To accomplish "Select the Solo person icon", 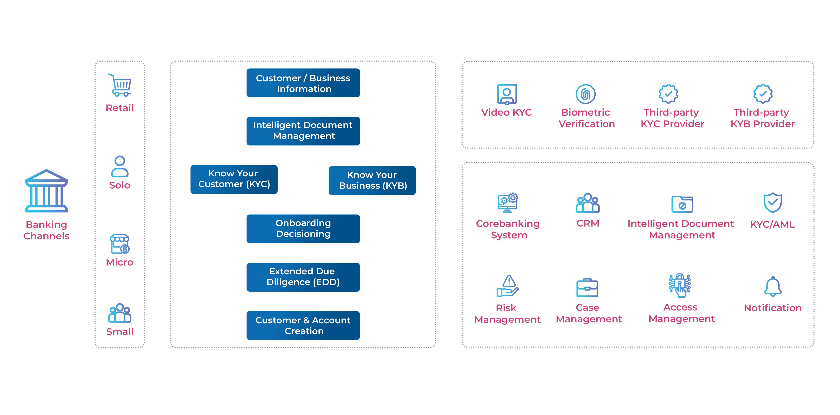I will pos(120,166).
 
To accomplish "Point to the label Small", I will pos(120,332).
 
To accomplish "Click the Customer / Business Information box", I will pos(303,83).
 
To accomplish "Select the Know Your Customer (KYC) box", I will pos(234,179).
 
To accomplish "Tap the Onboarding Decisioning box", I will pos(303,228).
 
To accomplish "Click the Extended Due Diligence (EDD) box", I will pos(303,277).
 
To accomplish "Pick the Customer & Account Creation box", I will pos(303,325).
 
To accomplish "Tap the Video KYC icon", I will pos(507,94).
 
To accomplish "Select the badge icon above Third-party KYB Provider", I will pos(763,94).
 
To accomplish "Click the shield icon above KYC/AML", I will pos(773,203).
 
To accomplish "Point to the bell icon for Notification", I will pos(773,286).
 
